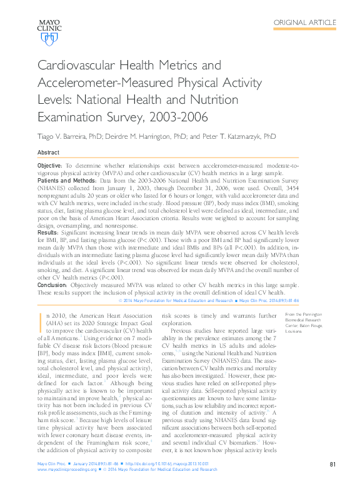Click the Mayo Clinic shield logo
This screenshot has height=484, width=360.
click(x=48, y=39)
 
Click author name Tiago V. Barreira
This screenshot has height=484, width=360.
click(x=66, y=136)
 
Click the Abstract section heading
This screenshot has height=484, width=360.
click(x=49, y=153)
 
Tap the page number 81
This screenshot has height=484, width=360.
click(x=333, y=465)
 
